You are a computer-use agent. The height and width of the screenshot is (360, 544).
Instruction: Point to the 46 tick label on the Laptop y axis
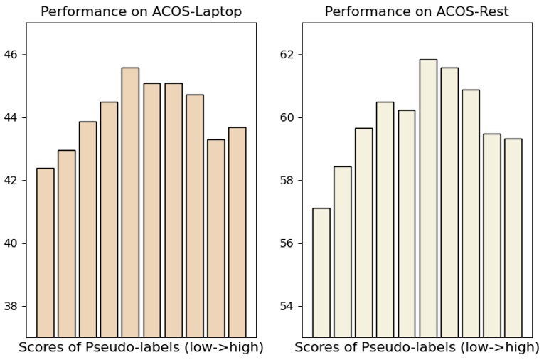coord(11,55)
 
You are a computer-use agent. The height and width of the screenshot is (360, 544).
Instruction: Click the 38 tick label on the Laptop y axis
coord(11,307)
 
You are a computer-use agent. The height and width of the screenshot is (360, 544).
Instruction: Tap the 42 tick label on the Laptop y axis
coord(11,181)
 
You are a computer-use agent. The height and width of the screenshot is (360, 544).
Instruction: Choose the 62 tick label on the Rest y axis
coord(287,55)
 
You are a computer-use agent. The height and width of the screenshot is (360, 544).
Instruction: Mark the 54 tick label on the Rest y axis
coord(287,307)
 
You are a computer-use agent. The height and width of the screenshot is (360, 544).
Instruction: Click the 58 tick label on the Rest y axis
coord(287,181)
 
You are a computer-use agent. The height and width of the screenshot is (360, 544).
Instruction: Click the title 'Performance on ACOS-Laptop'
coord(141,11)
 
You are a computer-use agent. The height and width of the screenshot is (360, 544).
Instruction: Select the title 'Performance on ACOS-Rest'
coord(417,11)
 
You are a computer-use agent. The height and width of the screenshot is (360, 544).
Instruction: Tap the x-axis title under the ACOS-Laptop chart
coord(141,348)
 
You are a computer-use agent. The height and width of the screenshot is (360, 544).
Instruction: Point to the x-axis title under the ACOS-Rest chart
coord(417,348)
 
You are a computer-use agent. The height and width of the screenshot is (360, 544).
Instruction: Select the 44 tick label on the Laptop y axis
coord(11,117)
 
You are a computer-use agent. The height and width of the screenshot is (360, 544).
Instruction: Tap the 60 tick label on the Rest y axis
coord(287,117)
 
